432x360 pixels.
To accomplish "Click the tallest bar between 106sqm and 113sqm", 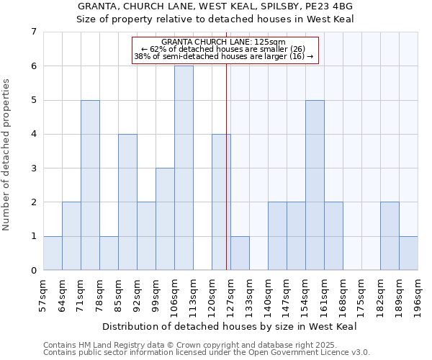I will [x=184, y=168].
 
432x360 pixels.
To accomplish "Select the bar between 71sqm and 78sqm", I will [x=90, y=185].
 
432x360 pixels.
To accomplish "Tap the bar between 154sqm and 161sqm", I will [x=315, y=185].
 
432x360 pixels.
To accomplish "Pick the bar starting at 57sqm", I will [x=53, y=253].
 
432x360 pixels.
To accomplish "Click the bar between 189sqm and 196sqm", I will [x=408, y=253].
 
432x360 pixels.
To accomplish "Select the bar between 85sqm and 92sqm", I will [x=127, y=202].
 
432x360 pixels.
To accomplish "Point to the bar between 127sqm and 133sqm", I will [x=240, y=253].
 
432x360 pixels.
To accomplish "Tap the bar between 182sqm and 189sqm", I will [x=390, y=236].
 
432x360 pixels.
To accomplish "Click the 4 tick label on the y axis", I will [x=33, y=135].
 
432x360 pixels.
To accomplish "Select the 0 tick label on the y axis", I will [x=33, y=271].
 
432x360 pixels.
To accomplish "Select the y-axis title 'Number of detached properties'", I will [x=7, y=155].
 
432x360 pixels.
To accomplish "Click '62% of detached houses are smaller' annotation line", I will [x=224, y=49].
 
